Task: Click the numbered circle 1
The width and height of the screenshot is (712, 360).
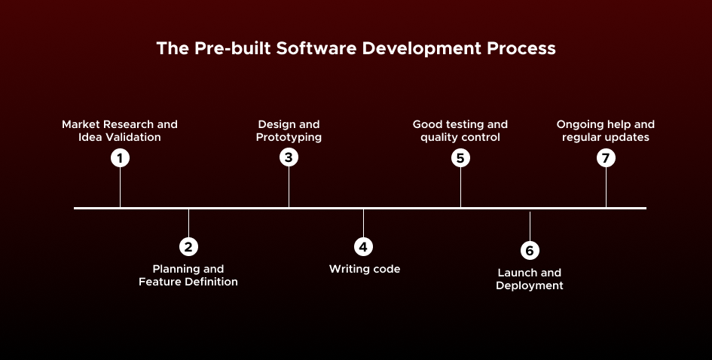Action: pyautogui.click(x=120, y=158)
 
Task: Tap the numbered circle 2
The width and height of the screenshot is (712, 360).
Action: pyautogui.click(x=188, y=246)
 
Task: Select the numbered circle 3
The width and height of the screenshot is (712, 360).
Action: pyautogui.click(x=289, y=158)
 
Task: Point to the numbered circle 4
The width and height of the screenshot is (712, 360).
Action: pyautogui.click(x=363, y=246)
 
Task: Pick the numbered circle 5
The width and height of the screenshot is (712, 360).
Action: pyautogui.click(x=460, y=158)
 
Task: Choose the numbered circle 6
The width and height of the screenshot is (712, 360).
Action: pyautogui.click(x=530, y=250)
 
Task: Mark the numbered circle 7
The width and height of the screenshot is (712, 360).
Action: pyautogui.click(x=606, y=158)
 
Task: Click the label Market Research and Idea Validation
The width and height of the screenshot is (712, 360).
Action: pyautogui.click(x=120, y=131)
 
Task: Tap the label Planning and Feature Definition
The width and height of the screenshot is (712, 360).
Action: pyautogui.click(x=188, y=276)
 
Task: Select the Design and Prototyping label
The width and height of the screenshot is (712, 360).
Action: pyautogui.click(x=289, y=131)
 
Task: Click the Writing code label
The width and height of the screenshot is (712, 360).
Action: pyautogui.click(x=365, y=269)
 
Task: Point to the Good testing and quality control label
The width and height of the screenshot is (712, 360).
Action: pyautogui.click(x=460, y=131)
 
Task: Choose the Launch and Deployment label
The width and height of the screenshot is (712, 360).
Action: pyautogui.click(x=530, y=279)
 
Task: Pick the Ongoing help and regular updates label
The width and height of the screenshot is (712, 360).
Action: pyautogui.click(x=606, y=131)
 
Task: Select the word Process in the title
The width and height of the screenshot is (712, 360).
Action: pyautogui.click(x=521, y=48)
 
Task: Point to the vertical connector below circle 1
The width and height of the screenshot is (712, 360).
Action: pyautogui.click(x=120, y=188)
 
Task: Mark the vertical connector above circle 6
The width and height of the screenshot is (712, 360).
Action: pyautogui.click(x=530, y=225)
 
